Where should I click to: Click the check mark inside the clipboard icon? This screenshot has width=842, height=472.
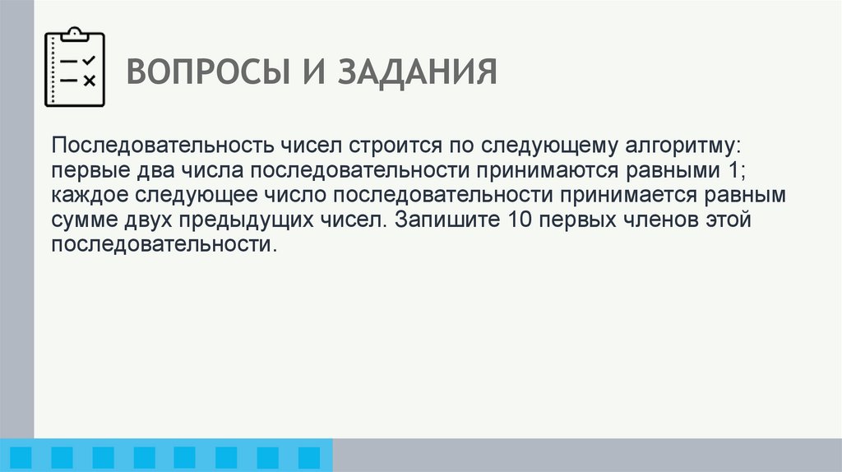(x=90, y=61)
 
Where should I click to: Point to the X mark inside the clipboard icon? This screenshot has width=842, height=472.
(x=90, y=80)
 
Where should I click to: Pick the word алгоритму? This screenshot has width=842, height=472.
(x=669, y=146)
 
